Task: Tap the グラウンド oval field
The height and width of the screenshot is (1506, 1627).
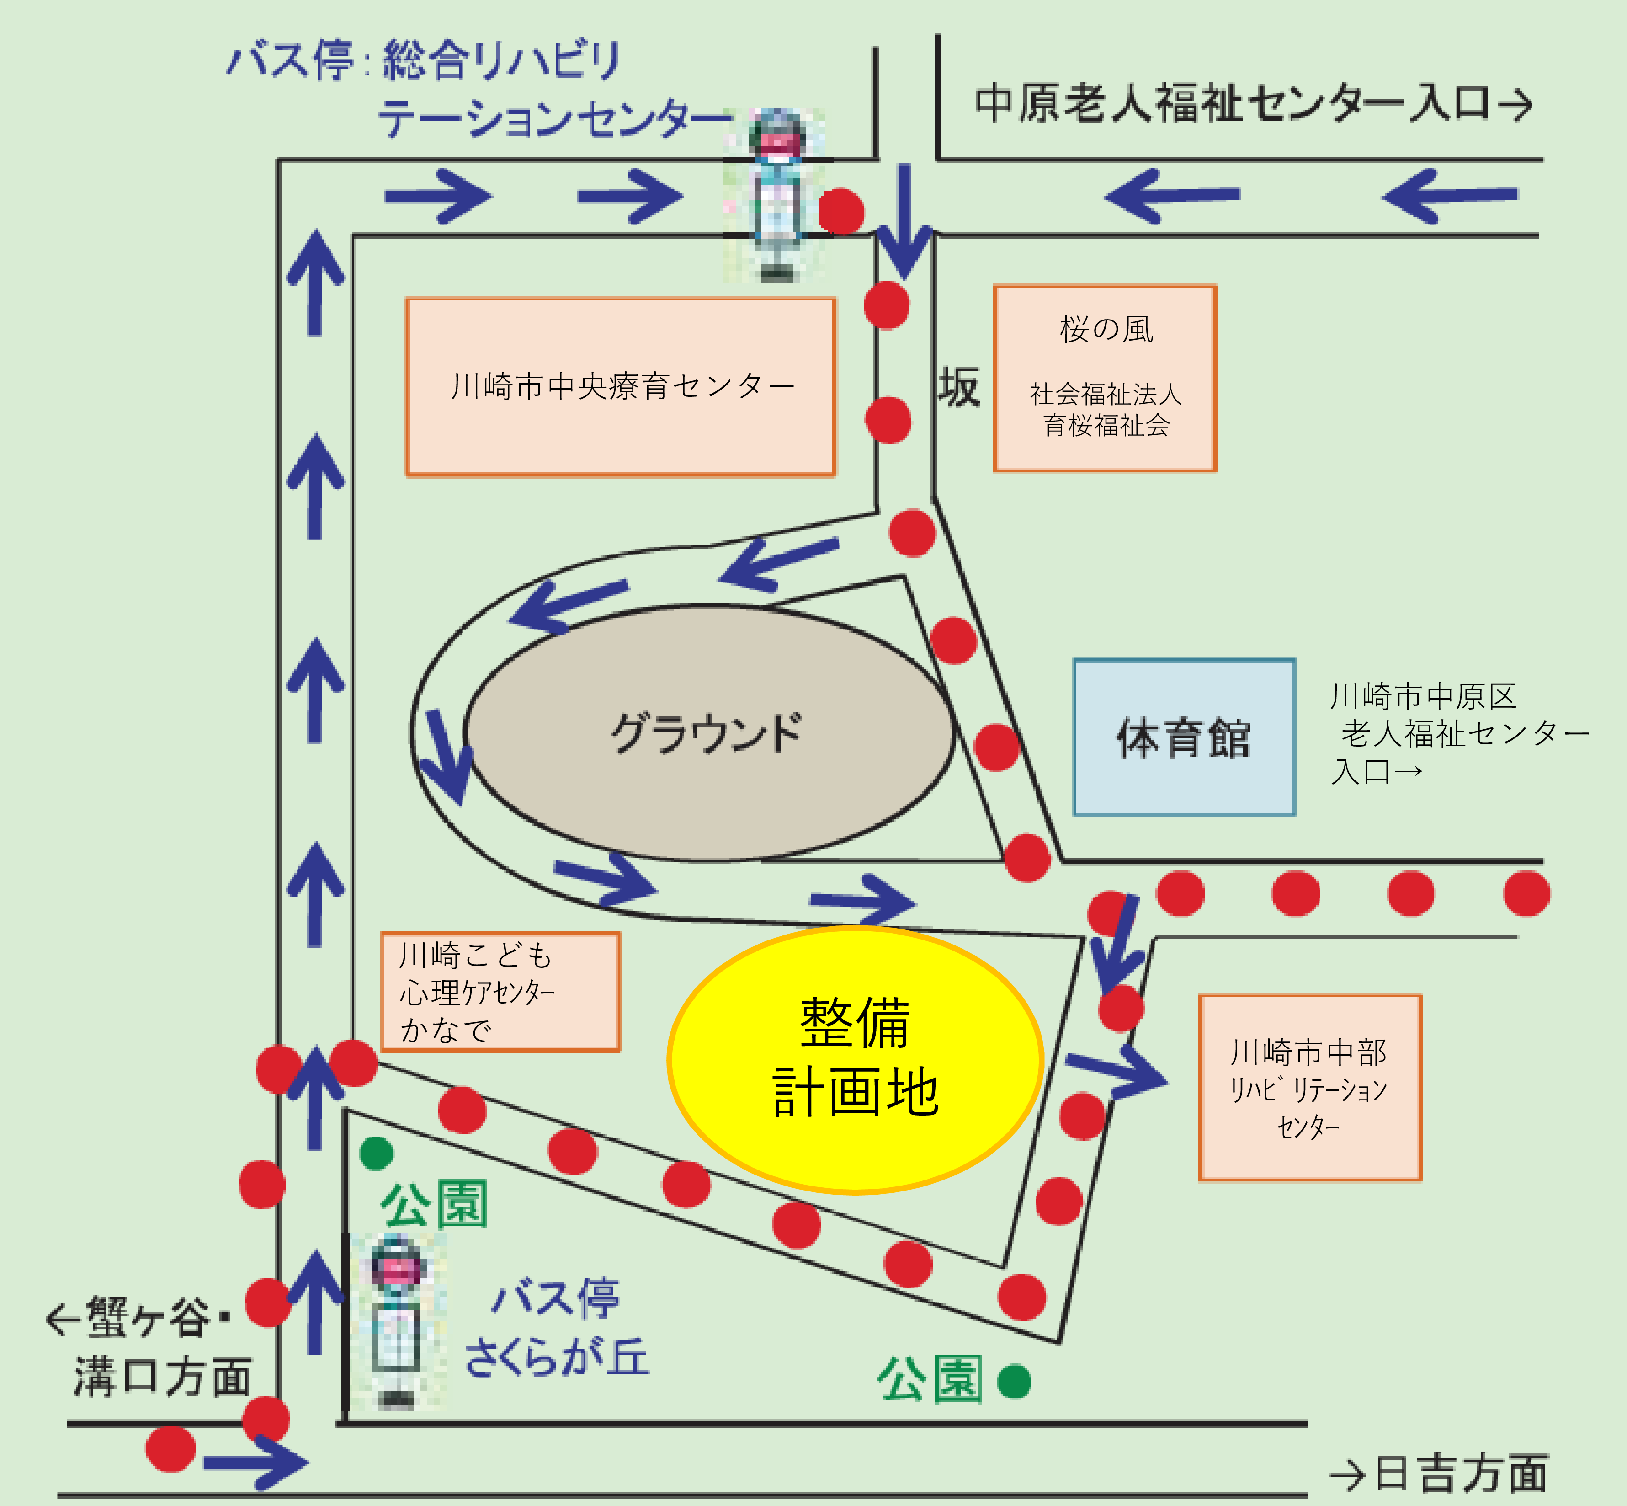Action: pyautogui.click(x=709, y=732)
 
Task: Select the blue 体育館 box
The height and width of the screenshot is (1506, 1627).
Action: pyautogui.click(x=1184, y=737)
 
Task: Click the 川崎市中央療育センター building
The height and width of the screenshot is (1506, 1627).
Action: pyautogui.click(x=621, y=386)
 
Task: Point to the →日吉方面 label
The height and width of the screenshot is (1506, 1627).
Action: pyautogui.click(x=1438, y=1474)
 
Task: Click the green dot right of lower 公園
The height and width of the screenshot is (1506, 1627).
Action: pyautogui.click(x=1014, y=1381)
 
